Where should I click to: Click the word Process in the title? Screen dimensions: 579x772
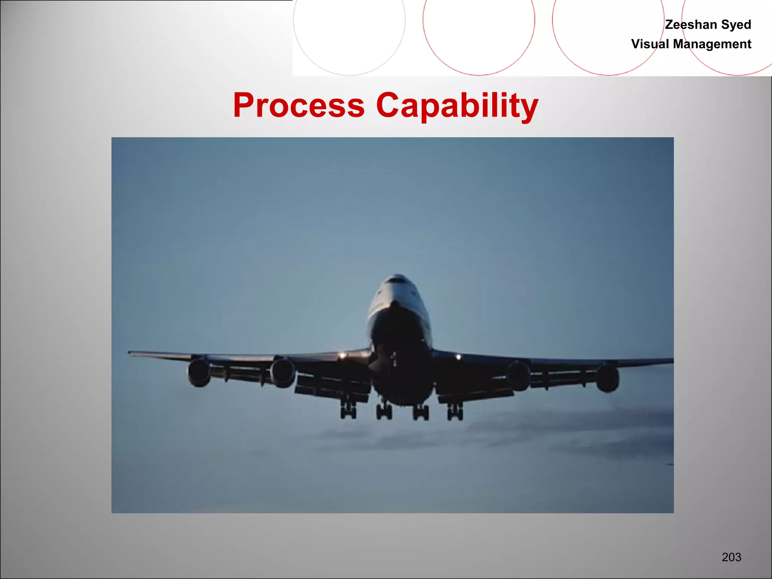click(x=299, y=105)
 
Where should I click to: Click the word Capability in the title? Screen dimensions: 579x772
click(x=457, y=106)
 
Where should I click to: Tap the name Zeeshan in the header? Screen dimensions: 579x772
click(x=691, y=25)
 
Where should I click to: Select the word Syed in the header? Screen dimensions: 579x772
click(x=736, y=25)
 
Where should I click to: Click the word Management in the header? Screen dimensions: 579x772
click(x=712, y=44)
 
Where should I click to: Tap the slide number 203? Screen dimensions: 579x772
click(x=731, y=557)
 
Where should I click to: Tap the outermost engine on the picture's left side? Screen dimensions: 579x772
click(x=199, y=372)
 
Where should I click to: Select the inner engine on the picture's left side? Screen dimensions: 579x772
click(x=282, y=373)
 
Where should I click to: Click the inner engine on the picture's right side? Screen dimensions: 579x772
click(x=518, y=375)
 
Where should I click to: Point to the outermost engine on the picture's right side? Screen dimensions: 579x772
click(x=607, y=378)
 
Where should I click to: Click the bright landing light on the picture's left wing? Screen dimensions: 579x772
click(x=342, y=355)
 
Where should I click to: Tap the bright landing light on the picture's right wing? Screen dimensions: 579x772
click(x=458, y=357)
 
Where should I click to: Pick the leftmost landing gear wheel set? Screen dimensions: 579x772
click(x=348, y=412)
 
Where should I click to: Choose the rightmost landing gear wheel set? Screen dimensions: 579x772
click(x=455, y=413)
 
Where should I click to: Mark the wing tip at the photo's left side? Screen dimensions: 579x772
click(x=130, y=352)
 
